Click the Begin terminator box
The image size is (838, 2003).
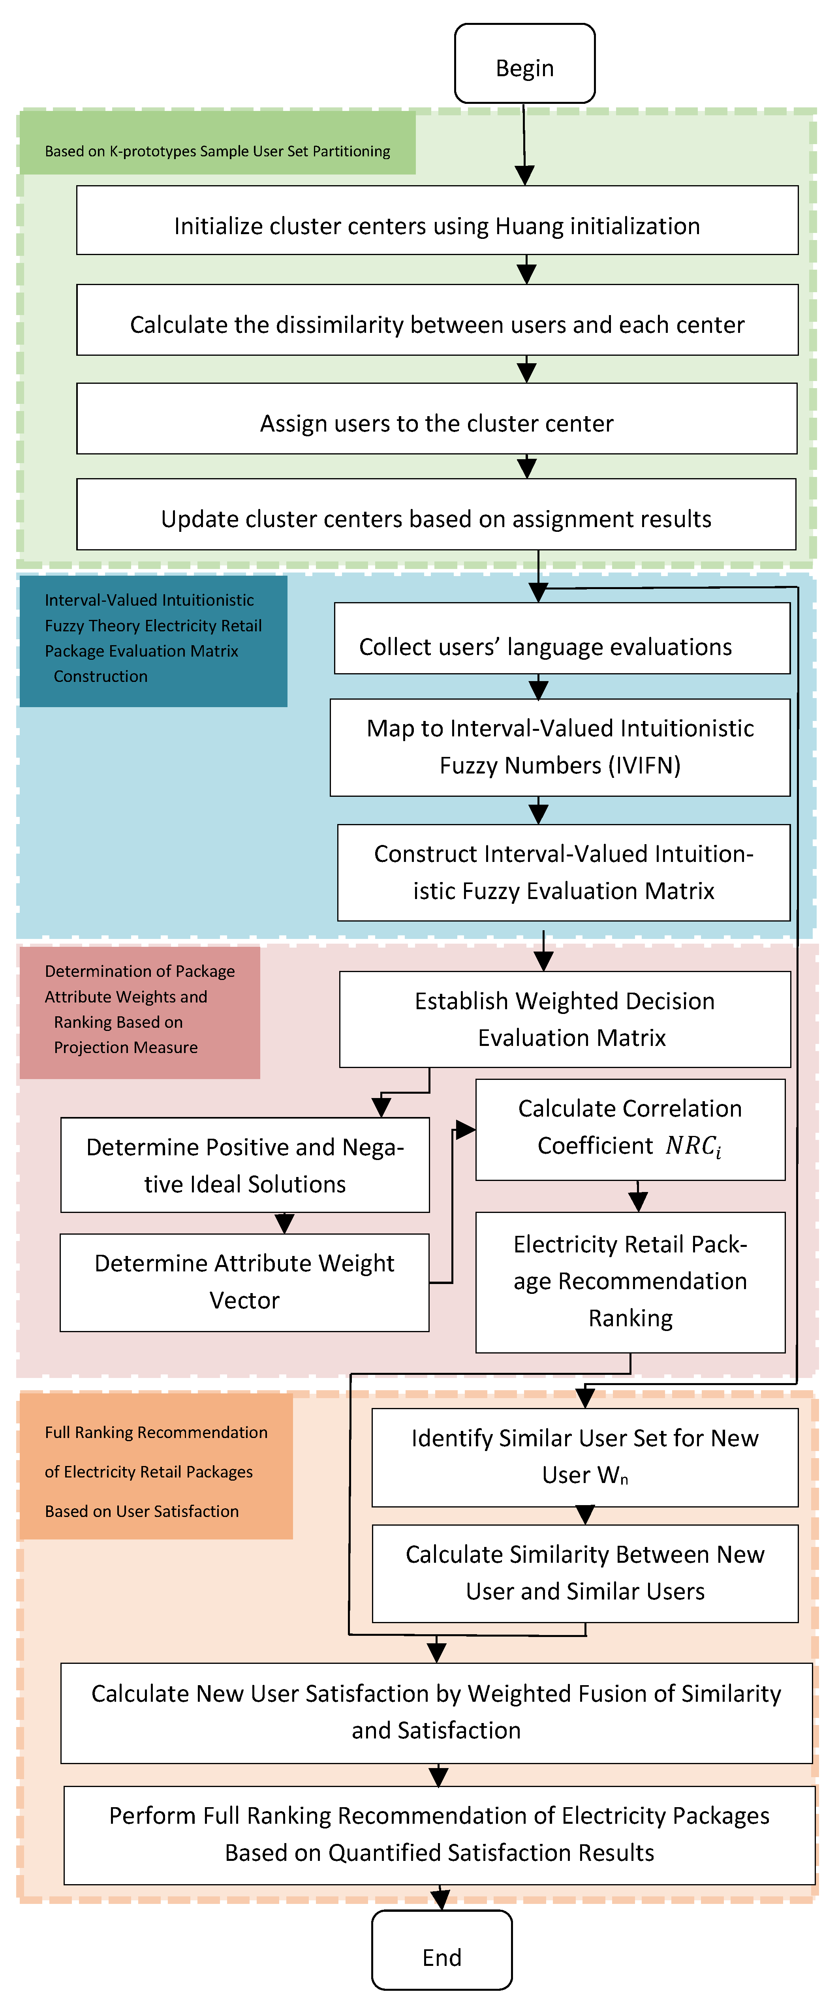[525, 63]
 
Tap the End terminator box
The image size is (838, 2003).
[442, 1950]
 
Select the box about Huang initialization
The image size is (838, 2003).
[437, 220]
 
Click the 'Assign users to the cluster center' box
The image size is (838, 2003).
[437, 419]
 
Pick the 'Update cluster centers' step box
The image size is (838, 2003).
[436, 514]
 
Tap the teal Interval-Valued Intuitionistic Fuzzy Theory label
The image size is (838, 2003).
[153, 641]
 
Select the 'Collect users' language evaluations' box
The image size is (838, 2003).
[562, 638]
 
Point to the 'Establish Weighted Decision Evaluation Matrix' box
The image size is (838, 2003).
[565, 1019]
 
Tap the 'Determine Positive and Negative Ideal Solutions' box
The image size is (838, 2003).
[245, 1165]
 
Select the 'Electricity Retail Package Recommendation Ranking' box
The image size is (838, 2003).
[630, 1282]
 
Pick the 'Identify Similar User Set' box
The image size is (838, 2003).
[585, 1458]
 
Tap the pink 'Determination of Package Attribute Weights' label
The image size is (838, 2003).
[140, 1012]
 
